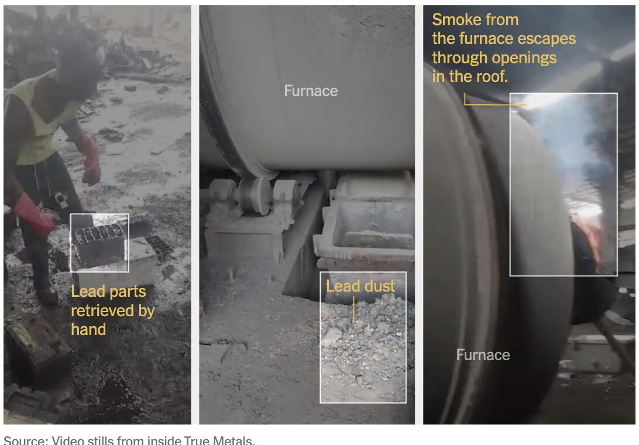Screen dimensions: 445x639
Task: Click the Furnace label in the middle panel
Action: click(311, 91)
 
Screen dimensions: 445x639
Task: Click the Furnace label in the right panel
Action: click(483, 355)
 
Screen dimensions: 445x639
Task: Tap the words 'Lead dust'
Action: click(360, 286)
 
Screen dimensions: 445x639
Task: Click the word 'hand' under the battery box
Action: click(88, 330)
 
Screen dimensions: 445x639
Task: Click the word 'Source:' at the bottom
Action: click(24, 440)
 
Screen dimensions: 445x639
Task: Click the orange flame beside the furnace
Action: click(592, 240)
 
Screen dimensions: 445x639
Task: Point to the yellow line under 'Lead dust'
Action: click(354, 309)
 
